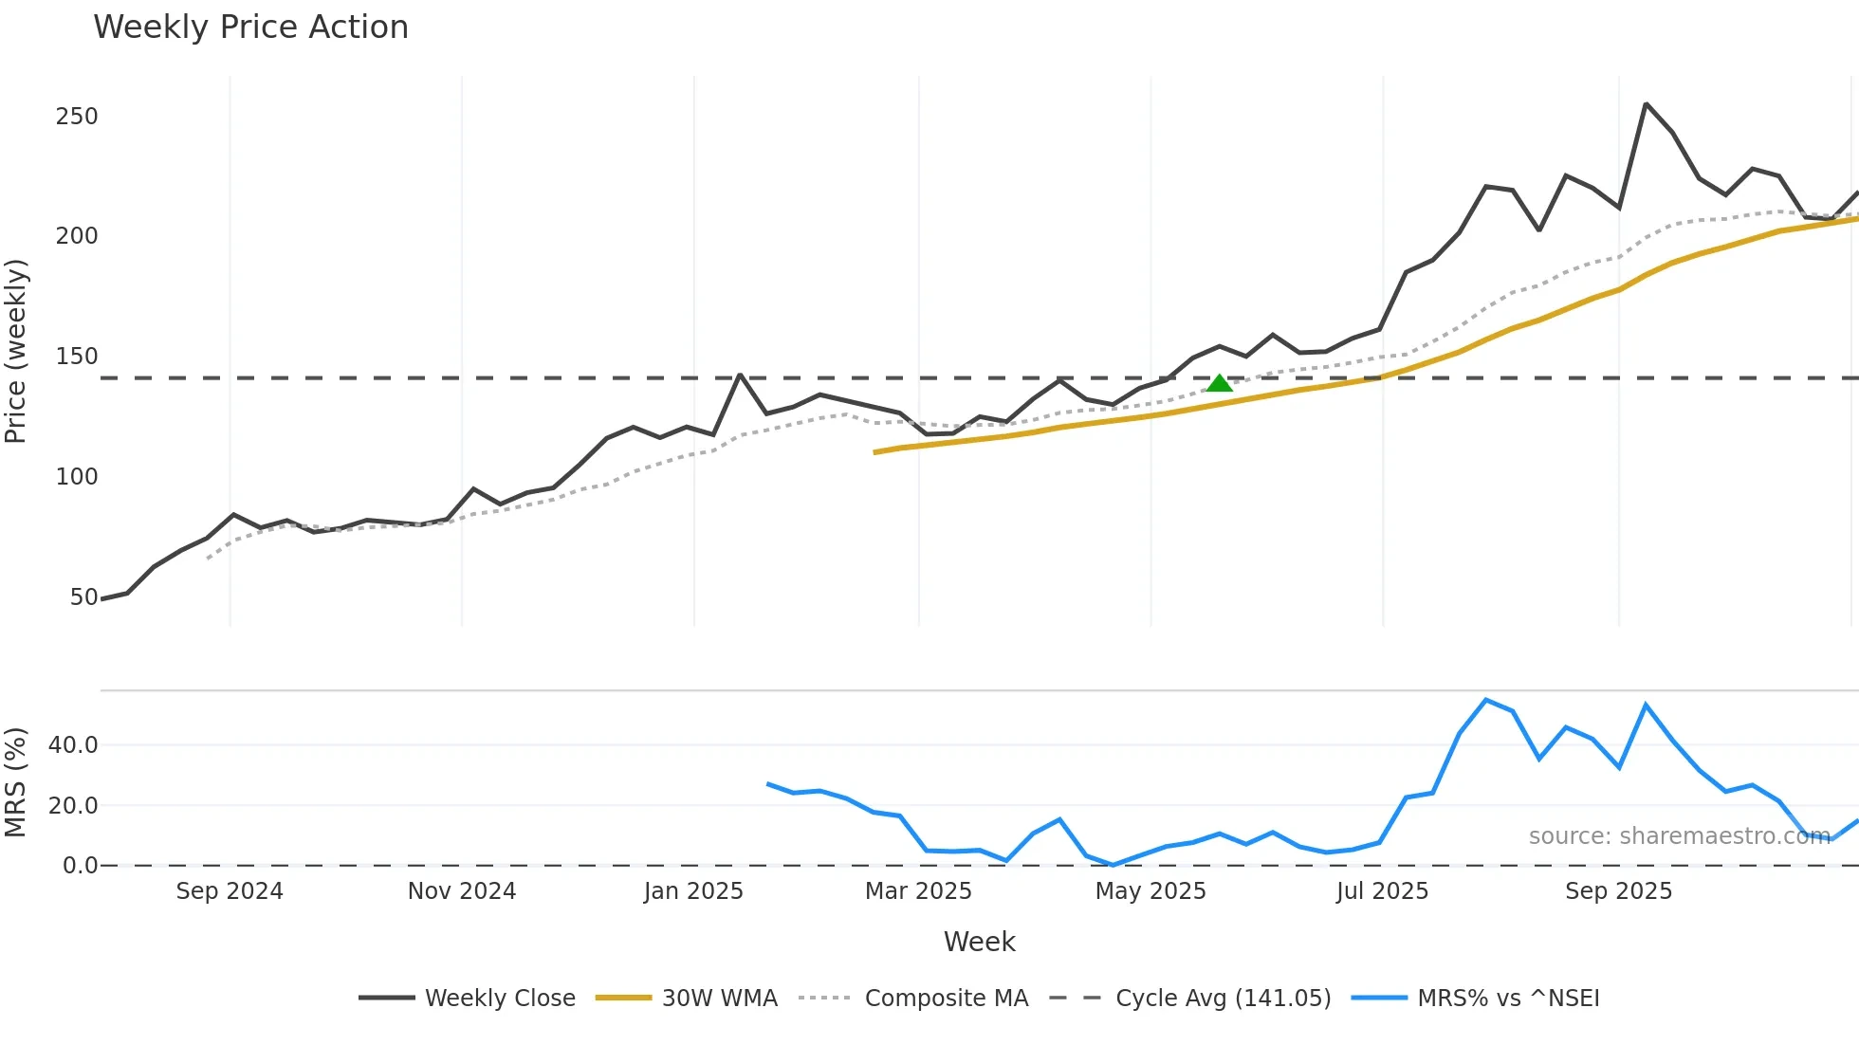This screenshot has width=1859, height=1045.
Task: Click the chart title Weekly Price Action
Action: coord(250,27)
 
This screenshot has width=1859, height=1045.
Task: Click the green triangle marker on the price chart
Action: coord(1220,383)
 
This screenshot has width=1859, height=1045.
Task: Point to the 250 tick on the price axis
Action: coord(77,117)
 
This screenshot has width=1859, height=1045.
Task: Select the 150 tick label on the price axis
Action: coord(77,357)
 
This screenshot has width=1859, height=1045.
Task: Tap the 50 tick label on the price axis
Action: coord(83,597)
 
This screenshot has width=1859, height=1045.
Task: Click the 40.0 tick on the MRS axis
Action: coord(73,745)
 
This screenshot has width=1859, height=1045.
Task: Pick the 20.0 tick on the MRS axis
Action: coord(73,806)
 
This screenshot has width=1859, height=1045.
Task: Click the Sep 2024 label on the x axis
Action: coord(230,891)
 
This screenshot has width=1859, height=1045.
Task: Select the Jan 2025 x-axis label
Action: coord(693,891)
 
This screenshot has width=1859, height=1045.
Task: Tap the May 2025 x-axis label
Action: coord(1150,891)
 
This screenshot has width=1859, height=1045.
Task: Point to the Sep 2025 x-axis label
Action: coord(1618,891)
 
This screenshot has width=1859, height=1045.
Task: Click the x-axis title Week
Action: coord(979,942)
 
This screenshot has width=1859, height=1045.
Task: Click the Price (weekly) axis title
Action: coord(16,351)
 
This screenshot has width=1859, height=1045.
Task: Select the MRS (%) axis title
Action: coord(16,782)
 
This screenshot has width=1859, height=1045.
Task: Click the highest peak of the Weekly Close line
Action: coord(1646,104)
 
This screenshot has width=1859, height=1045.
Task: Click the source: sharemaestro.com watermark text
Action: coord(1679,836)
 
